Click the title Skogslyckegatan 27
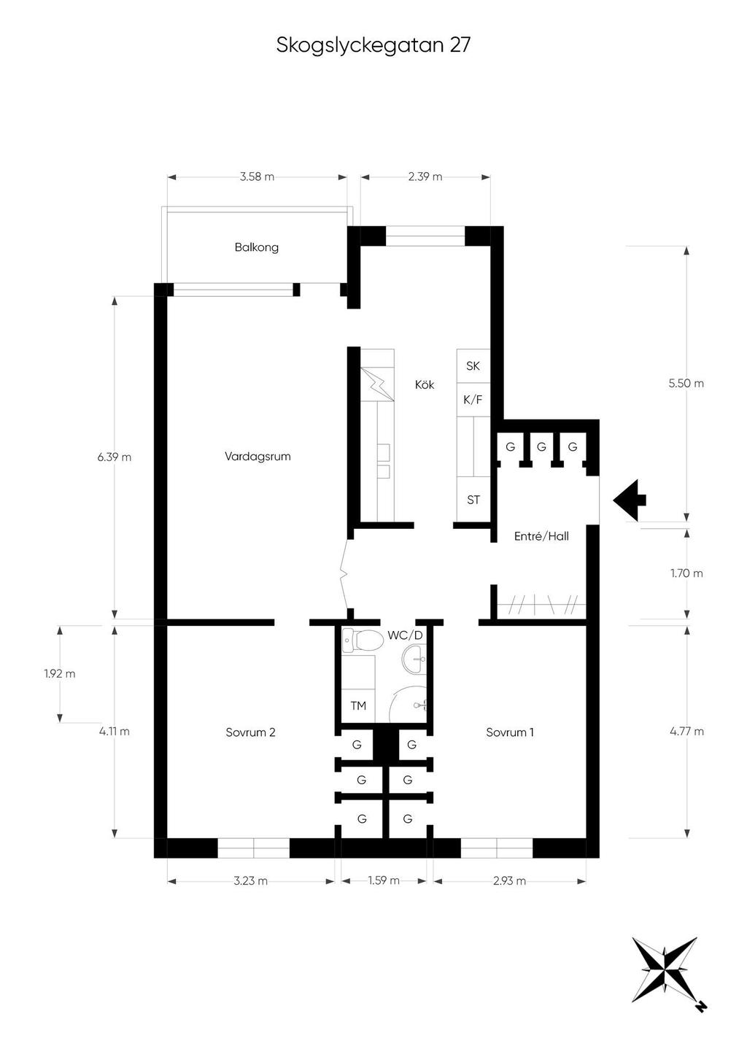[x=373, y=46]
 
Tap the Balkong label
[x=256, y=247]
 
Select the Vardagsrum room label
[x=258, y=457]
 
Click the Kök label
[x=425, y=384]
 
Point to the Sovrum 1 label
[x=510, y=732]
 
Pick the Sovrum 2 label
[x=250, y=732]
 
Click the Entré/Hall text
[x=541, y=536]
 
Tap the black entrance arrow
[x=629, y=500]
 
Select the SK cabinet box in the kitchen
[x=473, y=365]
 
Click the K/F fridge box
[x=473, y=400]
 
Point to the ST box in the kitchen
[x=473, y=500]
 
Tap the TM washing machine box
[x=358, y=705]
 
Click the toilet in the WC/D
[x=363, y=640]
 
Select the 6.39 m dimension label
[x=115, y=457]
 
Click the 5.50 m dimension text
[x=686, y=383]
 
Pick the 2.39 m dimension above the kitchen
[x=425, y=177]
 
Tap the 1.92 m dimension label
[x=60, y=674]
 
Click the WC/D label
[x=405, y=635]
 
